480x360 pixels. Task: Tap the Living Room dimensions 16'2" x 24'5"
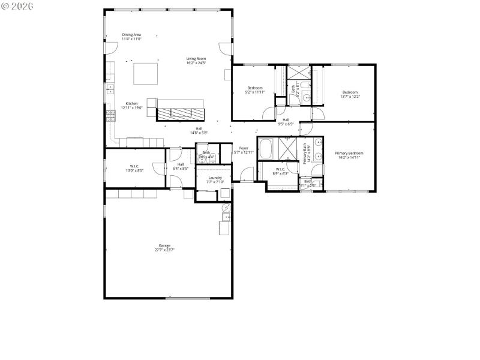196,62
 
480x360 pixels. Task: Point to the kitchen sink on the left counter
110,90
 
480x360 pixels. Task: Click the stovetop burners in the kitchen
110,113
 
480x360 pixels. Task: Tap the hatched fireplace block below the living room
180,112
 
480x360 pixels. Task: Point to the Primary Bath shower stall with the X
289,148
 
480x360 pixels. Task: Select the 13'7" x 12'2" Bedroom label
350,94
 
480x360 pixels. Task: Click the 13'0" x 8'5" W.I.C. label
135,168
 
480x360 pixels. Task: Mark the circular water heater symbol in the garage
226,208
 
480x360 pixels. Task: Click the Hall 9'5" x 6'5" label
286,122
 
